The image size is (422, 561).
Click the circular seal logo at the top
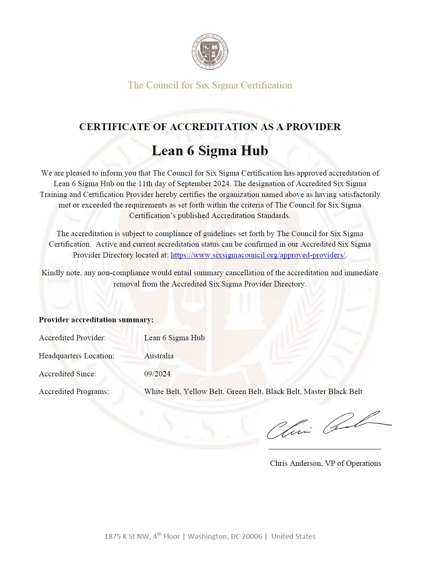(x=210, y=52)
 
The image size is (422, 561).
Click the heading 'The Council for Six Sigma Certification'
(x=210, y=85)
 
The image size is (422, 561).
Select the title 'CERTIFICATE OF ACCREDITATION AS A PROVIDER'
(x=210, y=127)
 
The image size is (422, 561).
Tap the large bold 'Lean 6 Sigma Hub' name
(x=210, y=150)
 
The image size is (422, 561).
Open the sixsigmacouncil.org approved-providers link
(x=258, y=255)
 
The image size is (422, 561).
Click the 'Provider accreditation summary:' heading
(x=96, y=320)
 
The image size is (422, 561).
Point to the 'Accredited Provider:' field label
(x=72, y=338)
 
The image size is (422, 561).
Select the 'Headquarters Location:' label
(x=76, y=356)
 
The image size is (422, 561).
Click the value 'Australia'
(x=159, y=356)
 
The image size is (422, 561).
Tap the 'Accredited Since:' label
(x=67, y=374)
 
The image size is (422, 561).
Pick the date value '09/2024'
(x=157, y=374)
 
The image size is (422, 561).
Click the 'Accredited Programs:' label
(x=74, y=391)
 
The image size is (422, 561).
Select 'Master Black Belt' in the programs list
(x=333, y=391)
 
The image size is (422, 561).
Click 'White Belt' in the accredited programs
(x=162, y=391)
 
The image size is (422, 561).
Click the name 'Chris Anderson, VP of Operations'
(x=325, y=463)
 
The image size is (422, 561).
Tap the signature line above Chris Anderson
(x=325, y=449)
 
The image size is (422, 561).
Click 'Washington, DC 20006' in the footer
(x=225, y=536)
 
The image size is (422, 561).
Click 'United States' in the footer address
(x=293, y=536)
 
